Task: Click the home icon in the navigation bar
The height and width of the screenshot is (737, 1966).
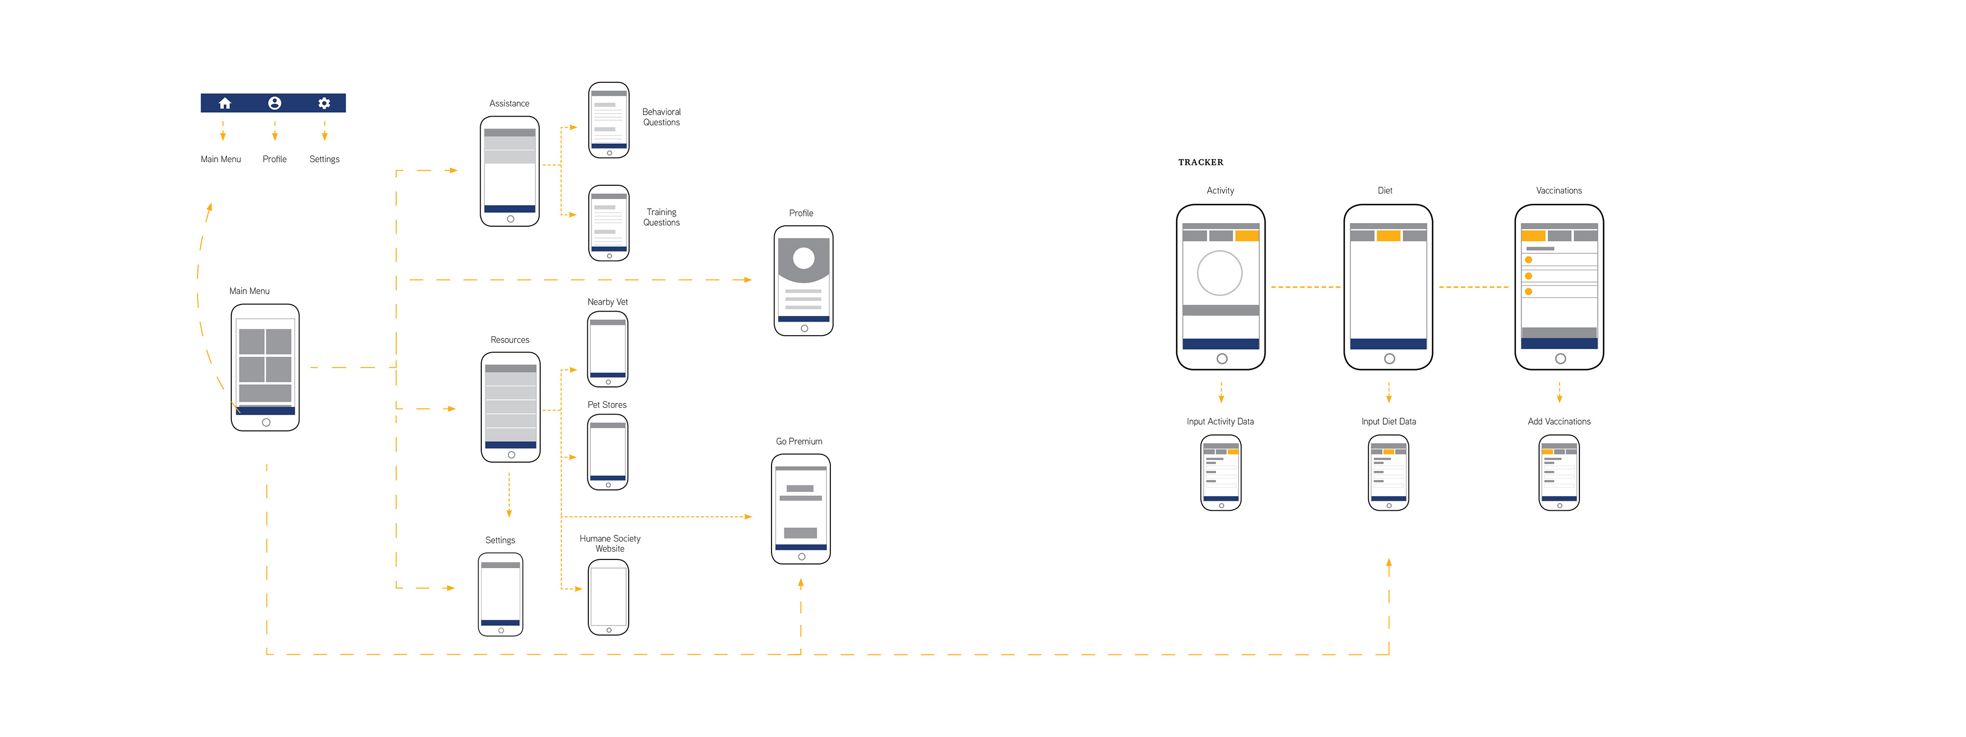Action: click(x=224, y=103)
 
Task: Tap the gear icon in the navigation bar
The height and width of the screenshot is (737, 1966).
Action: click(x=325, y=103)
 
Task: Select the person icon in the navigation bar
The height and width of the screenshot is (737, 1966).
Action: click(x=275, y=103)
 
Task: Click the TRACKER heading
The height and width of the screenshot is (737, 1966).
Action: click(x=1201, y=163)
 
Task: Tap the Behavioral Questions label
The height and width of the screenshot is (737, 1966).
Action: click(x=661, y=117)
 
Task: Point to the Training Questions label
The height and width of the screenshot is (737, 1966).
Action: click(x=661, y=218)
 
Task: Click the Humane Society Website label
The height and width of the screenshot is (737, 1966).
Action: click(x=610, y=543)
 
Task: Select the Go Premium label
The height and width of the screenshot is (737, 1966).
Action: click(x=799, y=441)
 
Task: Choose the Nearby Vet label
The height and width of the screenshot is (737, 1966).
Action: click(x=608, y=302)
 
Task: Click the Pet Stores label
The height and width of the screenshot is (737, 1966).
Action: click(x=607, y=405)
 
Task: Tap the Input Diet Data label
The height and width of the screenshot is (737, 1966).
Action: click(x=1388, y=421)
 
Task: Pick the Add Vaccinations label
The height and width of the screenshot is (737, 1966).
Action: click(x=1559, y=421)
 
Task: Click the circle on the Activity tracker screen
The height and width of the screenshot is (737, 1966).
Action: click(x=1220, y=273)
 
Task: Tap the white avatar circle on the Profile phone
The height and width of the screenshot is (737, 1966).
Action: click(x=804, y=258)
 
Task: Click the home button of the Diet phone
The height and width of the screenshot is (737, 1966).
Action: click(x=1389, y=359)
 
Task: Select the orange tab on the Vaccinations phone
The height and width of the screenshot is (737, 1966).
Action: click(x=1533, y=236)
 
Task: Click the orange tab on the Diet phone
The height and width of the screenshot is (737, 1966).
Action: click(x=1388, y=236)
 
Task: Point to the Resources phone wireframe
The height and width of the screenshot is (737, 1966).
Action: click(x=510, y=407)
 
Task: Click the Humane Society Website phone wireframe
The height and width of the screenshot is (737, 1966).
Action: click(x=608, y=597)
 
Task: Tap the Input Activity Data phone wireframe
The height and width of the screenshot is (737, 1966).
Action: click(x=1221, y=472)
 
